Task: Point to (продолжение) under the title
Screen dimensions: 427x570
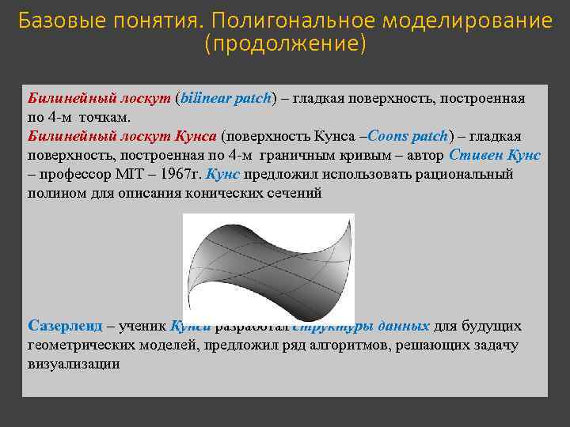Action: (285, 44)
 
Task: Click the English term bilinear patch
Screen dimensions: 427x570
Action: (226, 99)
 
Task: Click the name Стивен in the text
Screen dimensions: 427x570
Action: (474, 155)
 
